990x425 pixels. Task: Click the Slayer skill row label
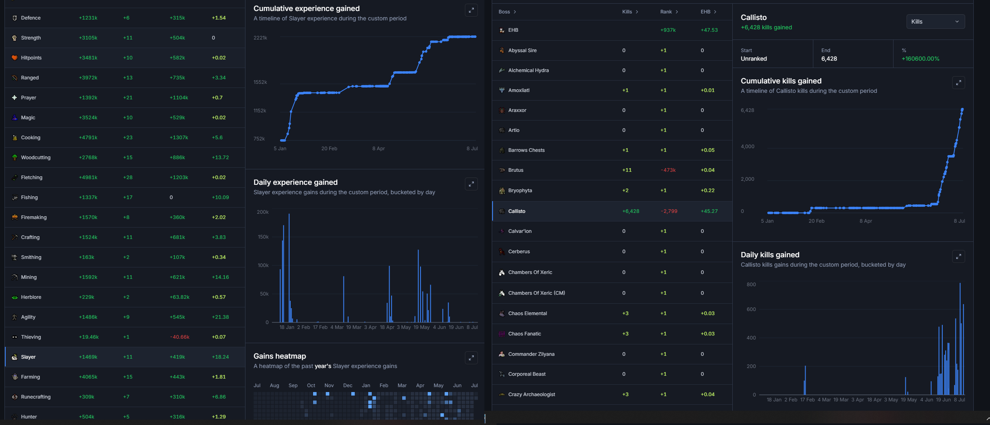tap(28, 357)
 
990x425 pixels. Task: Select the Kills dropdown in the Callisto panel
tap(935, 22)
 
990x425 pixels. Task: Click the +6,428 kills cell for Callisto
tap(631, 211)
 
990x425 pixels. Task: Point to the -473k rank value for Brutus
tap(668, 170)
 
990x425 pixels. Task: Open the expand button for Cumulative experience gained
tap(471, 10)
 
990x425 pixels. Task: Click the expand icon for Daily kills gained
tap(958, 256)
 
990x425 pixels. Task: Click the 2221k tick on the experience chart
tap(261, 38)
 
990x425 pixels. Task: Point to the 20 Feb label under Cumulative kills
tap(816, 221)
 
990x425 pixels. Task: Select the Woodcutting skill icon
tap(15, 158)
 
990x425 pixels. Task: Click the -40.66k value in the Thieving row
tap(180, 337)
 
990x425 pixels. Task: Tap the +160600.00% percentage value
tap(920, 59)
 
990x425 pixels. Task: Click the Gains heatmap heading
tap(280, 356)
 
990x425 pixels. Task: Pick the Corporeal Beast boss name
tap(527, 374)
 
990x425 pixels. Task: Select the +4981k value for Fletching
tap(88, 177)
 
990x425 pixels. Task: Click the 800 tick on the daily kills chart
tap(751, 285)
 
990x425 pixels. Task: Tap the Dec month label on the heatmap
tap(348, 386)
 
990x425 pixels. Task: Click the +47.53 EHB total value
tap(709, 30)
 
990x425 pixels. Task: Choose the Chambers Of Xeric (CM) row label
tap(537, 293)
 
